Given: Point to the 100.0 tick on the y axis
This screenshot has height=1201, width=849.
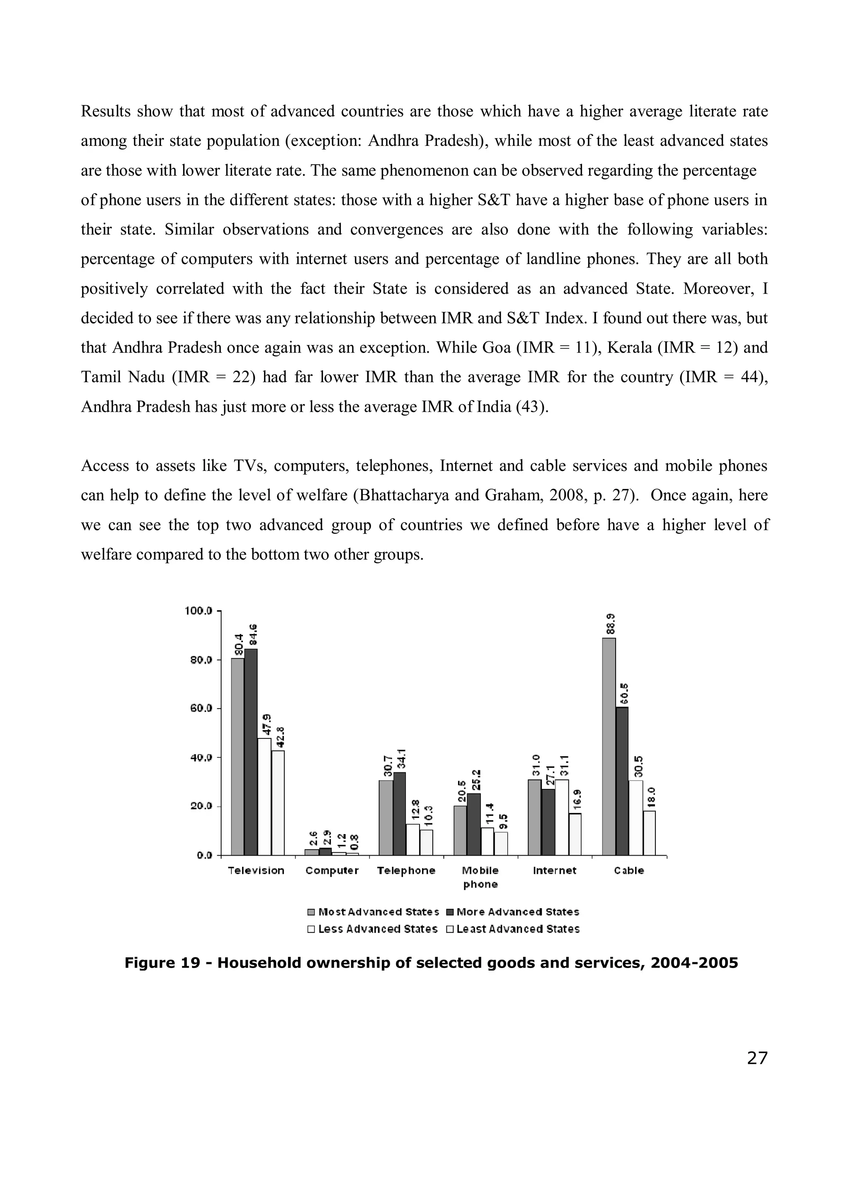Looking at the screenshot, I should tap(198, 610).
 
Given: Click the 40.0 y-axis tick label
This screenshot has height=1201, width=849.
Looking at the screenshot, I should tap(200, 757).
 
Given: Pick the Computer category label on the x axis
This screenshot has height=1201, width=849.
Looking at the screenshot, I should tap(332, 871).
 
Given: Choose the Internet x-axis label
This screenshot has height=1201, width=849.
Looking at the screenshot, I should tap(555, 871).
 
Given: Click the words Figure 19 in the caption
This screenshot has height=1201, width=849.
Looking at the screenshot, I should tap(162, 963).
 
